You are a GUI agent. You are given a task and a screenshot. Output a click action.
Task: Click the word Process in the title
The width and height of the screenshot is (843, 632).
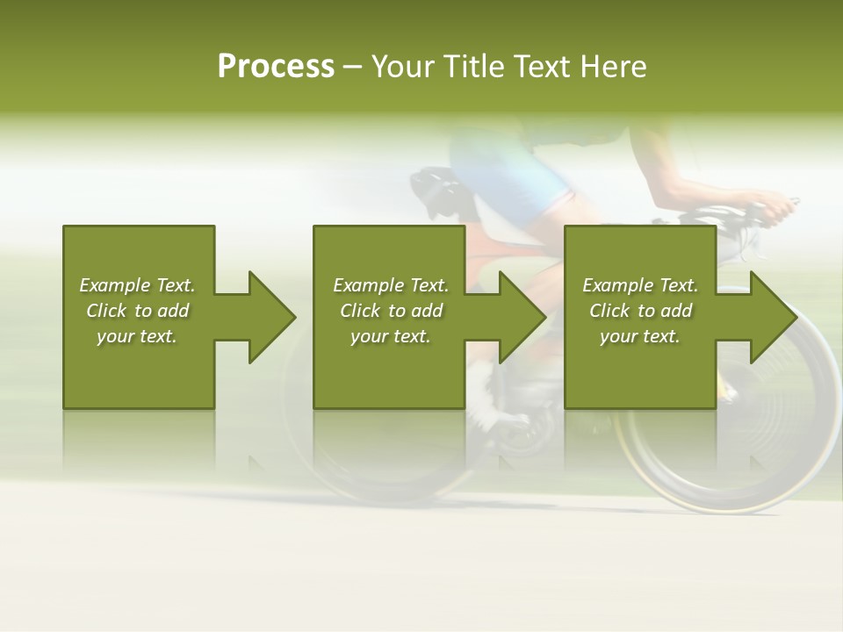click(276, 66)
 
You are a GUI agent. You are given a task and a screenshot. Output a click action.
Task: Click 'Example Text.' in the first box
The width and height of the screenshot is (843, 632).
click(137, 285)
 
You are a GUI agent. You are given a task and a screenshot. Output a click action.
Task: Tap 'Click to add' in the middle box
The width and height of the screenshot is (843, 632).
click(391, 311)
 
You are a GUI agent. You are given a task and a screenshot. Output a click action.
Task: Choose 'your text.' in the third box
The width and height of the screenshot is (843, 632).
click(640, 336)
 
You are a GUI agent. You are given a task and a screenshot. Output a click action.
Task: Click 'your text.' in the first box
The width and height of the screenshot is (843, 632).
click(137, 336)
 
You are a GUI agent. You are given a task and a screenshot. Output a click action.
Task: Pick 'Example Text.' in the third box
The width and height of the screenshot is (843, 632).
click(640, 285)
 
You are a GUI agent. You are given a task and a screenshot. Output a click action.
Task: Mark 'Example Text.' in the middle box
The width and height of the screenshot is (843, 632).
click(391, 285)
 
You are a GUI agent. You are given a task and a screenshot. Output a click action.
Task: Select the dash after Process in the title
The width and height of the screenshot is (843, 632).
click(352, 67)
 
